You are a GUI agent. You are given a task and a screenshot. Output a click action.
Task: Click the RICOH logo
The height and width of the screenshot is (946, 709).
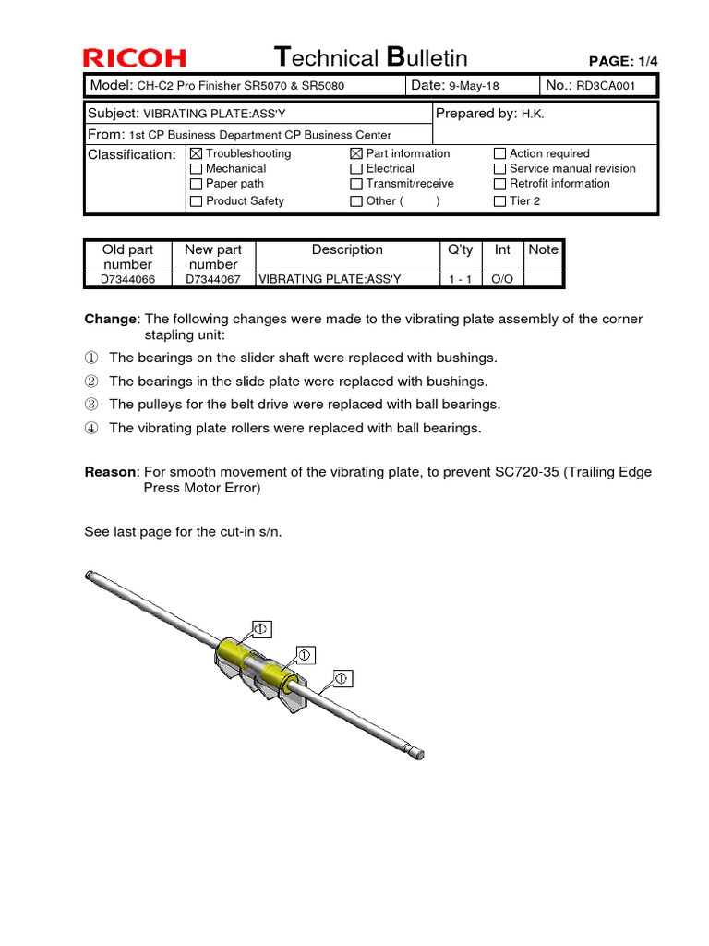point(135,58)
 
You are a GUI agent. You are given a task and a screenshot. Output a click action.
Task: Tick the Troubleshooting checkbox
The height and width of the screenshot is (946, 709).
point(196,153)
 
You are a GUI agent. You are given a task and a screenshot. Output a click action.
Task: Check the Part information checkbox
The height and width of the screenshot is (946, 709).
point(356,153)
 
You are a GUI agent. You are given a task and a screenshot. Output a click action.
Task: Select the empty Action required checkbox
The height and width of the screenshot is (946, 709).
point(499,153)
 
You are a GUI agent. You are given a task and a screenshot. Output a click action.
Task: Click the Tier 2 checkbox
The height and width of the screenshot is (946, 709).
point(499,201)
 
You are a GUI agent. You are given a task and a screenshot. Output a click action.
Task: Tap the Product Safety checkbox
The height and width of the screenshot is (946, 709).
point(196,201)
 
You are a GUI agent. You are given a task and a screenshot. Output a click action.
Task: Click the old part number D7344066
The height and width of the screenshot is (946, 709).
point(127,279)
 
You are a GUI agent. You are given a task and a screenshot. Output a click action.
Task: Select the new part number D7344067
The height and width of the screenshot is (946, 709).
point(213,279)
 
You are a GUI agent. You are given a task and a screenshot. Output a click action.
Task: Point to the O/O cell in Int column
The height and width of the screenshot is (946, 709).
point(502,279)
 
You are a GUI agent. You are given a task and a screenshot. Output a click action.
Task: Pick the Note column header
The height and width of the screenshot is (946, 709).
point(543,249)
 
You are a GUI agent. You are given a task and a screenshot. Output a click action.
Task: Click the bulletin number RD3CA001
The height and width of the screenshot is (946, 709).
point(606,86)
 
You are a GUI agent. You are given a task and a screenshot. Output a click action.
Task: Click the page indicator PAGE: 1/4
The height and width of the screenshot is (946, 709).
point(623,61)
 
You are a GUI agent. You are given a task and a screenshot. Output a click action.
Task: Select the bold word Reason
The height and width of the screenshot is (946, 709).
point(110,472)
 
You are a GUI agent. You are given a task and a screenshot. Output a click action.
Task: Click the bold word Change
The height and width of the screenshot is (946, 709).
point(110,319)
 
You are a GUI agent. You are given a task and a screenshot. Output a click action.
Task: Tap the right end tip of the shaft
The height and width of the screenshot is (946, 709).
point(420,754)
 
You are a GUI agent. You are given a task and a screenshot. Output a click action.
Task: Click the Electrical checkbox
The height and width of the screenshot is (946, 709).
point(356,169)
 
